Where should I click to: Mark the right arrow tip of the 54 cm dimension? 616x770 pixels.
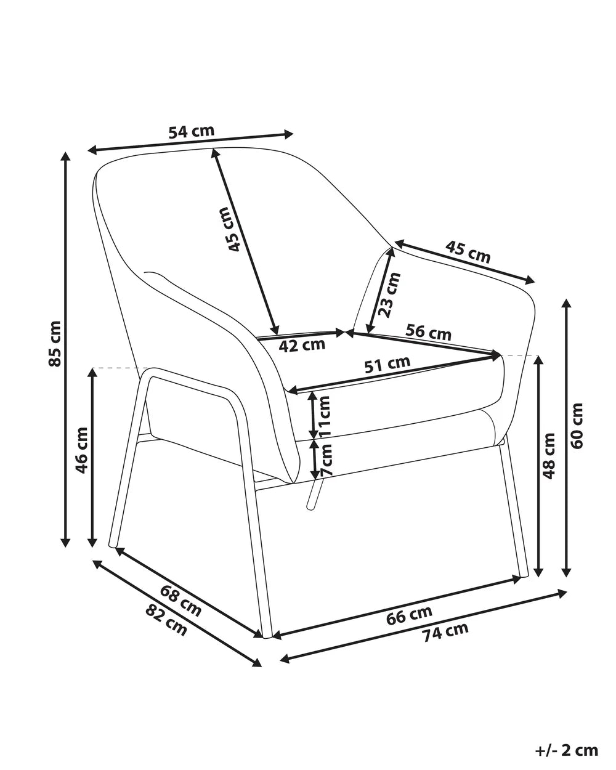tap(293, 134)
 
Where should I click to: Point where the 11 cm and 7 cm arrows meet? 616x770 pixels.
tap(314, 439)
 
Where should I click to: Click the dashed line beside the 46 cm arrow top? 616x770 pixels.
tap(120, 368)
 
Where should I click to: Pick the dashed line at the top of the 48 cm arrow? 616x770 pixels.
tap(519, 355)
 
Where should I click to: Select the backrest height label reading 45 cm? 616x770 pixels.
tap(229, 229)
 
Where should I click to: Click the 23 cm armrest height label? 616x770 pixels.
tap(389, 295)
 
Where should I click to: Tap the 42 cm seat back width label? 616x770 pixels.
tap(302, 346)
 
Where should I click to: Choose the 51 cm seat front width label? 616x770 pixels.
tap(387, 365)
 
